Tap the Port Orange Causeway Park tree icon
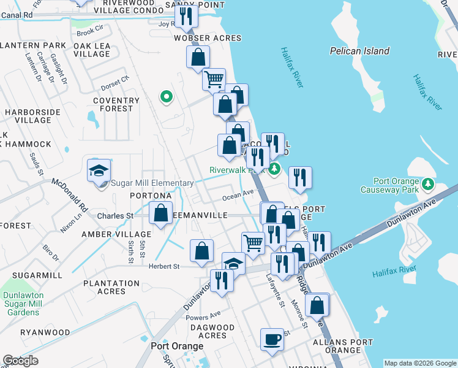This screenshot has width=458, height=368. (x=430, y=184)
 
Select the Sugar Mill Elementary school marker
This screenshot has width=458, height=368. (x=98, y=172)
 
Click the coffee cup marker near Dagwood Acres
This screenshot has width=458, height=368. (x=272, y=339)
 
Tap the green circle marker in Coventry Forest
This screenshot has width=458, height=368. (x=165, y=96)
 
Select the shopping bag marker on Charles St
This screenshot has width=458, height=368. (x=160, y=214)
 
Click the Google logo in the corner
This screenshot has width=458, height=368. (x=20, y=361)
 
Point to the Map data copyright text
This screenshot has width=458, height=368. (x=420, y=363)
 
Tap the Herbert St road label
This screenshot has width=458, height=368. (x=163, y=266)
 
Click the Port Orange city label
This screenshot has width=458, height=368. (x=177, y=347)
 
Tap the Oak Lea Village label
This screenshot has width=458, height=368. (x=92, y=50)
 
